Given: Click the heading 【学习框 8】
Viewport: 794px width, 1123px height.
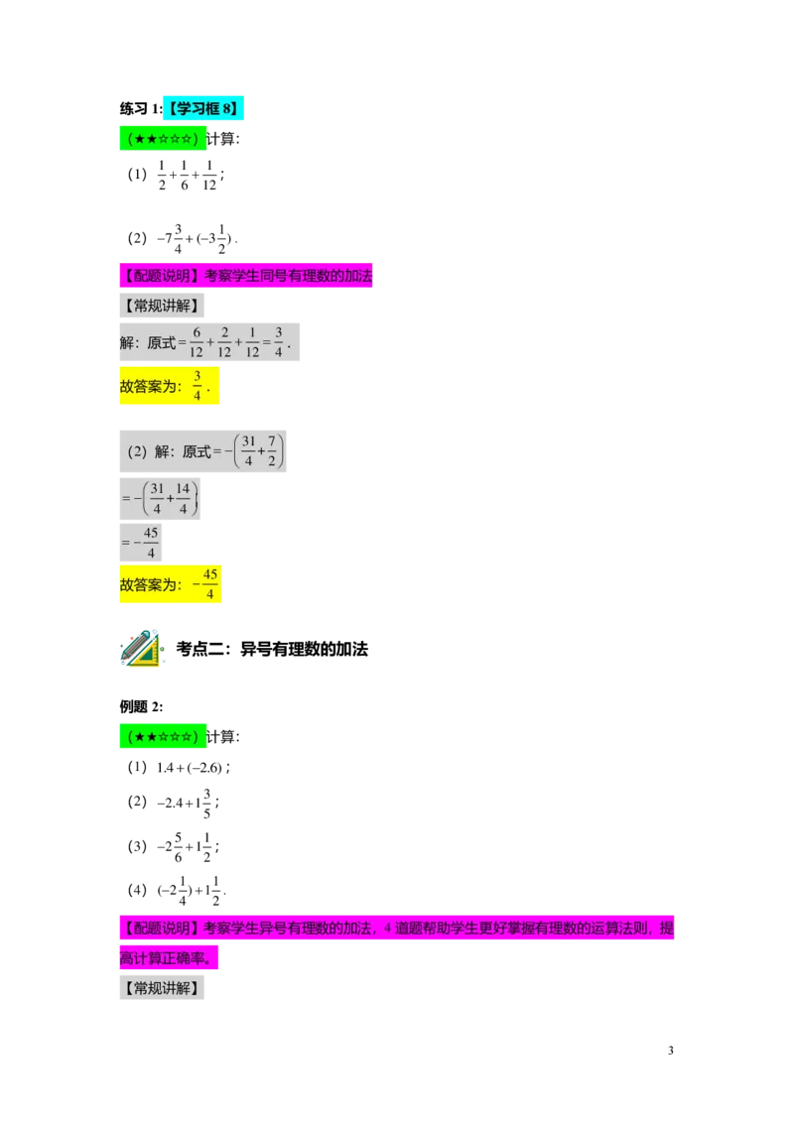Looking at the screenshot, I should coord(203,109).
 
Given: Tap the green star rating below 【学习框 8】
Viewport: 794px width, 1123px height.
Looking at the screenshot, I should coord(164,138).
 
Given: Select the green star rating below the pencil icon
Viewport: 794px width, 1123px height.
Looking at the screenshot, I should coord(164,737).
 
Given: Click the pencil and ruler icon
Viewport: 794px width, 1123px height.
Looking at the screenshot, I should coord(142,650).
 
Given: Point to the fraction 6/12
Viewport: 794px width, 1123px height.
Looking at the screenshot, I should coord(197,341).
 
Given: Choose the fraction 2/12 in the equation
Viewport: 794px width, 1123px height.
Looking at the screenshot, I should coord(224,341).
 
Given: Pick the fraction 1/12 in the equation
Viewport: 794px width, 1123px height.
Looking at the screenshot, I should coord(252,341).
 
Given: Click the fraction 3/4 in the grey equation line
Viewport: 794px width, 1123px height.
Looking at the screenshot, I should coord(279,341).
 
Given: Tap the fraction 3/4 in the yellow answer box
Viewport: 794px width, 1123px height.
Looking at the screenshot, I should coord(198,386).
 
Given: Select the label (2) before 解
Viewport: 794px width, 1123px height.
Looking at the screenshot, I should coord(137,451).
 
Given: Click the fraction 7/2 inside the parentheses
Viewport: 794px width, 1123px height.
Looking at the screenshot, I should coord(272,451).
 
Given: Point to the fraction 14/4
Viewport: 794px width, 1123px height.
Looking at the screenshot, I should coord(183,498).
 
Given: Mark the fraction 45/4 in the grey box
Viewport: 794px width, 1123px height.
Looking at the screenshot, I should coord(151,543).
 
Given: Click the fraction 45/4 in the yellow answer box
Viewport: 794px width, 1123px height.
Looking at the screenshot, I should coord(209,585).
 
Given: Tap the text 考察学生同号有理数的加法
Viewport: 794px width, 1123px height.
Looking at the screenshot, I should coord(289,277).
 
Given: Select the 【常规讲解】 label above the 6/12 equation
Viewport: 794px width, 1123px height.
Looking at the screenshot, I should coord(162,306).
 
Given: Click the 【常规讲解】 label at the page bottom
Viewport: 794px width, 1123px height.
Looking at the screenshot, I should coord(162,988).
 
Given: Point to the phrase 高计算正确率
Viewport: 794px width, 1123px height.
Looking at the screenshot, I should coord(166,959).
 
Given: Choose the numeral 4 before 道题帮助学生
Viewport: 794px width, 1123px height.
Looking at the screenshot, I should coord(387,930).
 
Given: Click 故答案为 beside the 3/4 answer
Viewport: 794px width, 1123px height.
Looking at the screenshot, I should coord(150,387).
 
